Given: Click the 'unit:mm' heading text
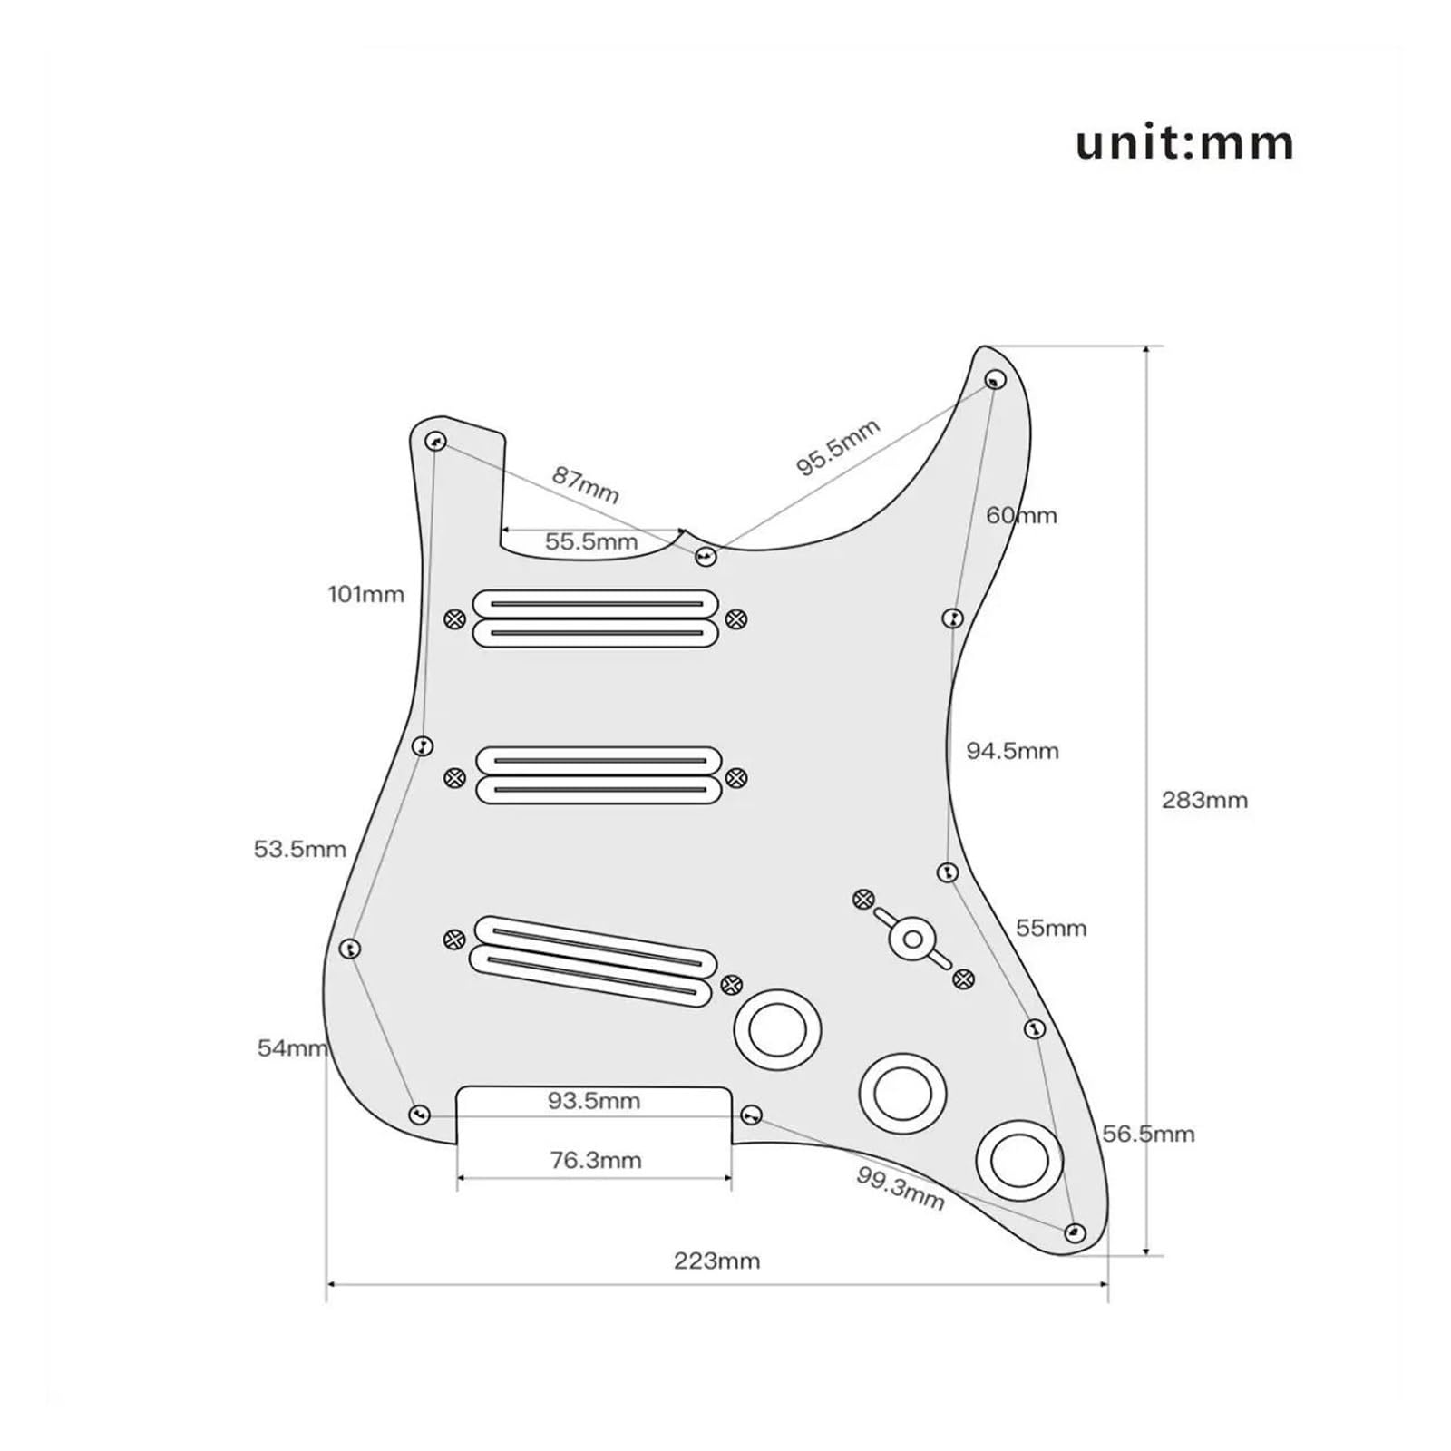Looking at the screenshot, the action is [x=1184, y=144].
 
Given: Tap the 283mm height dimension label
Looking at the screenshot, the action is [x=1204, y=800].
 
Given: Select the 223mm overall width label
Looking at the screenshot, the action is [x=716, y=1261].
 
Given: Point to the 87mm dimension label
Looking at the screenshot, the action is [x=586, y=485].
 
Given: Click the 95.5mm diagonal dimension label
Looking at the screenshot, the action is [x=838, y=447].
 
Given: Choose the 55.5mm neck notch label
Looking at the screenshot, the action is [x=591, y=542].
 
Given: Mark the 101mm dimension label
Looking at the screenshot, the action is [x=366, y=595].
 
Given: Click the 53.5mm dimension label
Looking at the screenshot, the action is [x=300, y=850].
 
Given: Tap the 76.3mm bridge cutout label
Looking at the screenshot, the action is [x=596, y=1160].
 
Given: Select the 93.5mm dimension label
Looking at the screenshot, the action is [x=594, y=1101].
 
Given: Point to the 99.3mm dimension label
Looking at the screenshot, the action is [x=901, y=1188].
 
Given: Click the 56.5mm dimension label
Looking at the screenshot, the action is [x=1149, y=1134].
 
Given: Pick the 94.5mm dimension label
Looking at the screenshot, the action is [x=1012, y=751].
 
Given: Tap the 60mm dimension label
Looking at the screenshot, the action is [x=1021, y=515].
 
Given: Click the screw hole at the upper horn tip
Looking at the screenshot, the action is [x=995, y=379].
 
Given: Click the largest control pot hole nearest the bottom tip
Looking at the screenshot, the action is [x=1020, y=1160].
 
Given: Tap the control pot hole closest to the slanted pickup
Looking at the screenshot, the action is [x=777, y=1029].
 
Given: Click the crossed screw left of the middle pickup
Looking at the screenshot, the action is [x=455, y=777].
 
